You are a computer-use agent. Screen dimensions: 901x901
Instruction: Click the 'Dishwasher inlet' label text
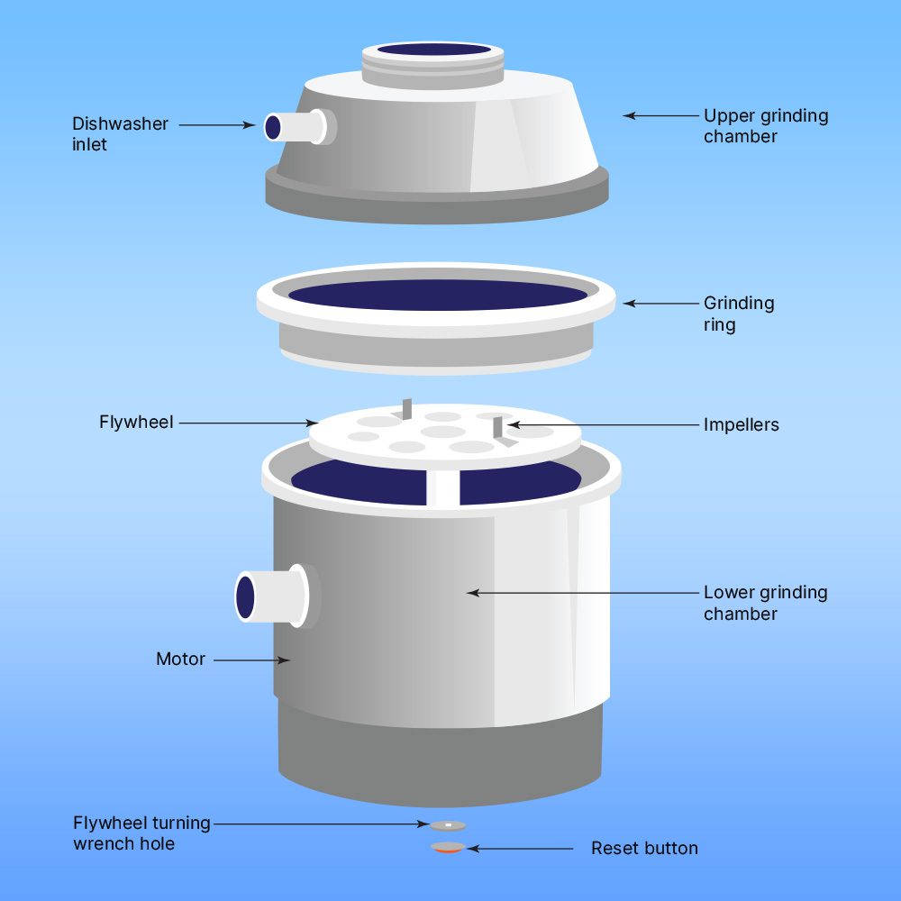pyautogui.click(x=120, y=134)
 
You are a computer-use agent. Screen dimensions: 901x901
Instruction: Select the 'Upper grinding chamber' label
pyautogui.click(x=765, y=126)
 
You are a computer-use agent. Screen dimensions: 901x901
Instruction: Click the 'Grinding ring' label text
pyautogui.click(x=738, y=314)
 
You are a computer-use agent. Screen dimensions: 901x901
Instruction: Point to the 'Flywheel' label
pyautogui.click(x=135, y=422)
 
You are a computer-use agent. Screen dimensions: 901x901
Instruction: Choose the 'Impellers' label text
pyautogui.click(x=741, y=424)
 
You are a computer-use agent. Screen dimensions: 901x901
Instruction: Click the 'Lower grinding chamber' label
pyautogui.click(x=765, y=603)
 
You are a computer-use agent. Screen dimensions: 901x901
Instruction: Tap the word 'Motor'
pyautogui.click(x=180, y=659)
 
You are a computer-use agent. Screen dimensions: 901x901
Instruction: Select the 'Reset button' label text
pyautogui.click(x=644, y=848)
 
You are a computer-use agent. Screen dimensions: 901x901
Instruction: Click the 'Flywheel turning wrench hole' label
pyautogui.click(x=141, y=833)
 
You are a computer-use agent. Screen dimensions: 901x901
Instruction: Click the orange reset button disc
pyautogui.click(x=448, y=848)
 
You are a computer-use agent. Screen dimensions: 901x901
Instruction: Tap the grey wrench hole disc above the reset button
pyautogui.click(x=448, y=824)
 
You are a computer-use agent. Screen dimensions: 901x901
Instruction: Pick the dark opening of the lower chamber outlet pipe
pyautogui.click(x=245, y=596)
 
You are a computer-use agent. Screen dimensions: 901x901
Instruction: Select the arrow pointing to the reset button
pyautogui.click(x=520, y=849)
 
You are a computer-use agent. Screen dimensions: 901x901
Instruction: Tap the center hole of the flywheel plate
pyautogui.click(x=442, y=432)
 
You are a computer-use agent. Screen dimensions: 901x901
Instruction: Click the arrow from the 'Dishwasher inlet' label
pyautogui.click(x=216, y=125)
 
